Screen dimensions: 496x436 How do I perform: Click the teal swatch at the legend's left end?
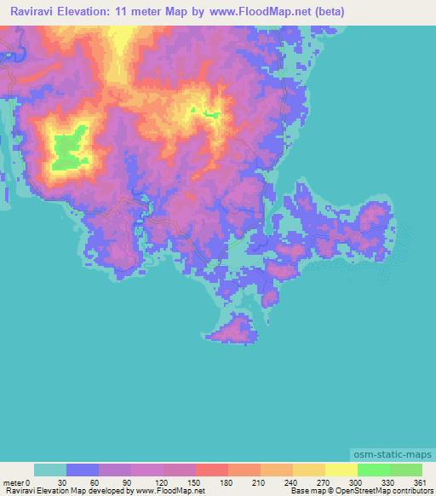click(50, 470)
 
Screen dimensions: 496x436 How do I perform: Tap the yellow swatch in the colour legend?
click(341, 470)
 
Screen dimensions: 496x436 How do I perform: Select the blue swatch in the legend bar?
click(83, 470)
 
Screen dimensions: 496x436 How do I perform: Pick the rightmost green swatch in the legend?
click(405, 470)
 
